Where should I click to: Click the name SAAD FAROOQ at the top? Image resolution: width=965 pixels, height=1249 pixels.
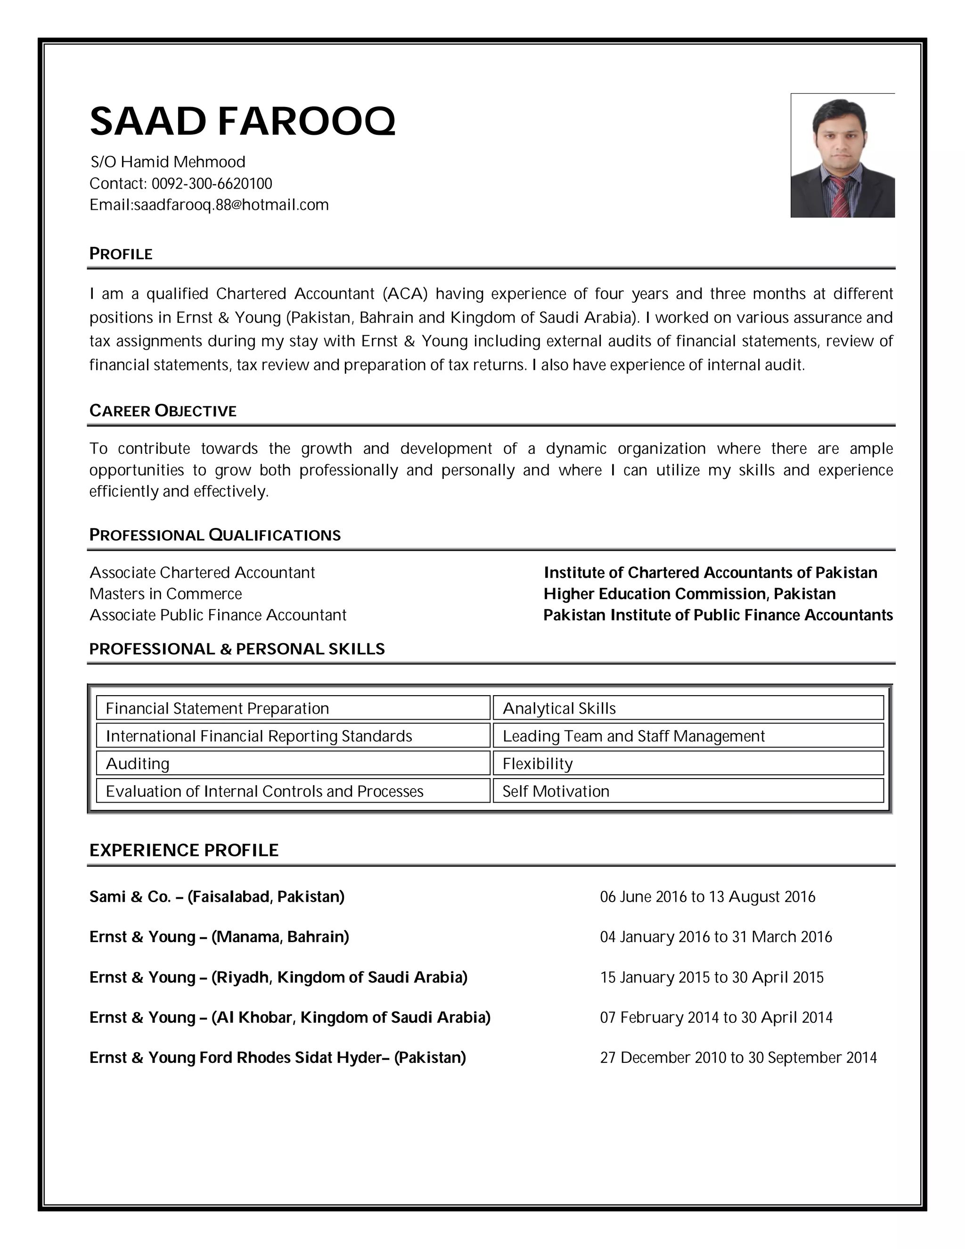click(x=242, y=121)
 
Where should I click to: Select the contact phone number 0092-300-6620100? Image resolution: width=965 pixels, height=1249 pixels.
click(x=212, y=183)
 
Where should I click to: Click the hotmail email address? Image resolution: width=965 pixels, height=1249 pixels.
click(x=231, y=205)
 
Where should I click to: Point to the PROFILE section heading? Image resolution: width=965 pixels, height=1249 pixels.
click(x=121, y=254)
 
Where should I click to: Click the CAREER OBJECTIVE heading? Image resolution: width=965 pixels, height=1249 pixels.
click(x=163, y=411)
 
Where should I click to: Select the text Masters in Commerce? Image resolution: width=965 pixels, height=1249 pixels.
click(x=166, y=593)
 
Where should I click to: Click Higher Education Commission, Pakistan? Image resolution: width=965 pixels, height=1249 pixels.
click(x=689, y=593)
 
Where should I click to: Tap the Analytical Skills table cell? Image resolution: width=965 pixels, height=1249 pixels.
click(x=688, y=708)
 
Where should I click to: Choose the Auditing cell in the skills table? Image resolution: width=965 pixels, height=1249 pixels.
click(x=293, y=764)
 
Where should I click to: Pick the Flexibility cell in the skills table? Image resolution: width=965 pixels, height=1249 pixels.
click(x=688, y=764)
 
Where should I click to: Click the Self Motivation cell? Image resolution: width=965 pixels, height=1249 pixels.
click(x=688, y=791)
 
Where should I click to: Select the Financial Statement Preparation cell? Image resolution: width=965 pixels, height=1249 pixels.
click(x=293, y=708)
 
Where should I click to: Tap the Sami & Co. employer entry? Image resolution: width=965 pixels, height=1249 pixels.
click(x=217, y=896)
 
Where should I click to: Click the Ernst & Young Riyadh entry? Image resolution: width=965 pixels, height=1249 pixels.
click(x=278, y=977)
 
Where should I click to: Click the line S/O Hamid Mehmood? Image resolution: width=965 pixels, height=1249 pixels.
click(x=168, y=162)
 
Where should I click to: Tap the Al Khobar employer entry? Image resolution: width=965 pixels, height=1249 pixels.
click(x=290, y=1017)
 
